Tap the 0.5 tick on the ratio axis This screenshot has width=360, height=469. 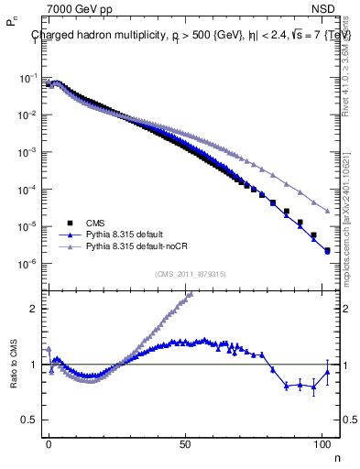point(29,420)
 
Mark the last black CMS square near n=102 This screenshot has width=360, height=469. point(327,250)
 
